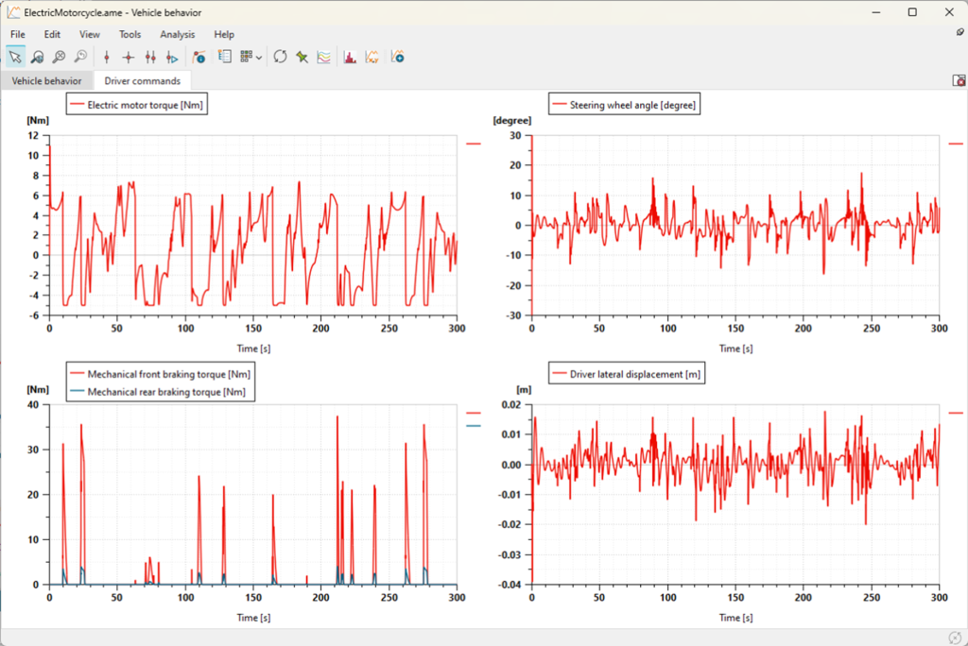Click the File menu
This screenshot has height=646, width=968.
(17, 35)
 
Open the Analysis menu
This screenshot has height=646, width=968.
(177, 35)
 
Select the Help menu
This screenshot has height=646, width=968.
(224, 35)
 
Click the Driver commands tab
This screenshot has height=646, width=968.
(142, 81)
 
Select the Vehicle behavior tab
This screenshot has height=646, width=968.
(46, 81)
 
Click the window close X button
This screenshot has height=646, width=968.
(949, 12)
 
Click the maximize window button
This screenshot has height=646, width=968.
(912, 12)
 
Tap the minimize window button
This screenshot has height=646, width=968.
(876, 12)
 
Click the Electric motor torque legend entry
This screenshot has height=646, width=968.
(136, 105)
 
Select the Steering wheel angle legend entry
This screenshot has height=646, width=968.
(624, 105)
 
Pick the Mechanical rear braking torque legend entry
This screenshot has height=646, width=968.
(158, 392)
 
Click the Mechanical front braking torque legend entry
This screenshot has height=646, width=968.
(160, 374)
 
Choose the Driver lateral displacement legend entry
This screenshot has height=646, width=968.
(627, 374)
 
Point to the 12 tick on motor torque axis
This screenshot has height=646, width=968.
(33, 136)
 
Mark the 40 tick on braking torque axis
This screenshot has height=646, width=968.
(33, 405)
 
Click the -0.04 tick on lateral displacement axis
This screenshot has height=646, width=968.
(510, 585)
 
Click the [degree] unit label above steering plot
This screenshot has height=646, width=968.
(511, 120)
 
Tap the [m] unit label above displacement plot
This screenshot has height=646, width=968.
(524, 389)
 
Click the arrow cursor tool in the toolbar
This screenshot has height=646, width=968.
(15, 57)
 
